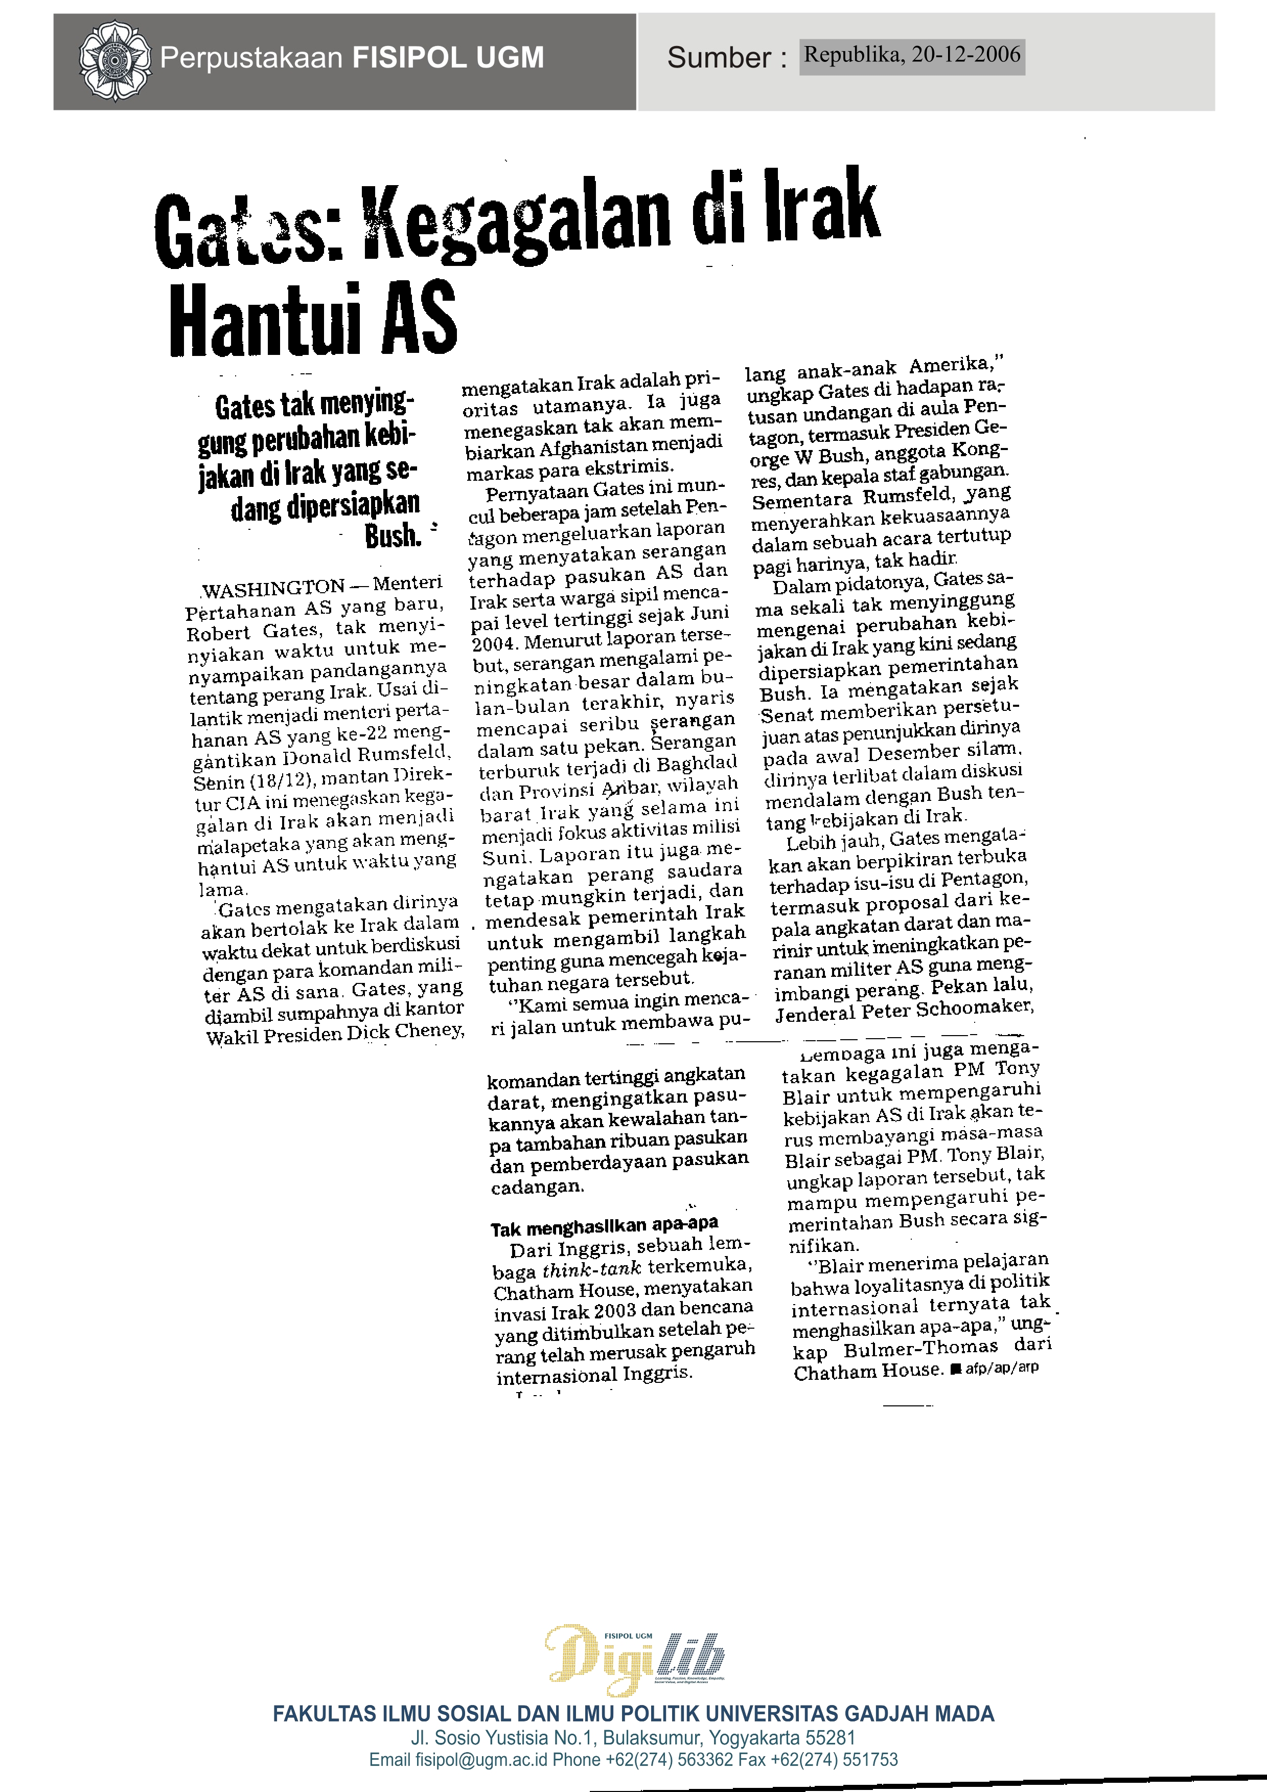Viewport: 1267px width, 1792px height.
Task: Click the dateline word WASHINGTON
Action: point(273,588)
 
